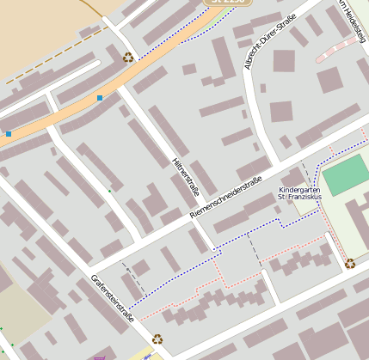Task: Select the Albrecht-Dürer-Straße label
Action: point(266,40)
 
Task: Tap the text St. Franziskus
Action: point(300,198)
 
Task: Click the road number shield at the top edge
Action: point(227,3)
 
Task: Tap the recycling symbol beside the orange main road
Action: point(128,58)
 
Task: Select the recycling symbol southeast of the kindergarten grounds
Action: point(350,263)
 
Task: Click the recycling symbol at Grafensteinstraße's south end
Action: point(157,339)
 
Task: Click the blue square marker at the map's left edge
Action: point(9,134)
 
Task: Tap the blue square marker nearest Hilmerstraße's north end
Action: point(100,99)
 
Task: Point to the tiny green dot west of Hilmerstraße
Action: point(109,190)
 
